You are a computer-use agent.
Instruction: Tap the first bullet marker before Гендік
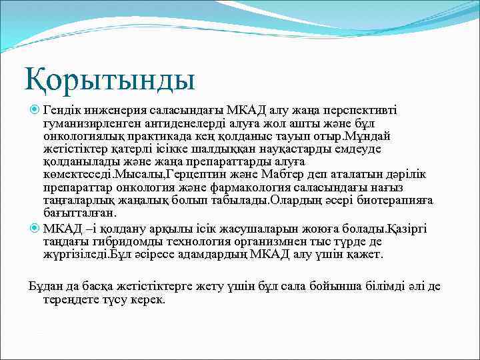(35, 109)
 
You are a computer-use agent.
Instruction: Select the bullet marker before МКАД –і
(35, 229)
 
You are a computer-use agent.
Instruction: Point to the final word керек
(147, 300)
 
